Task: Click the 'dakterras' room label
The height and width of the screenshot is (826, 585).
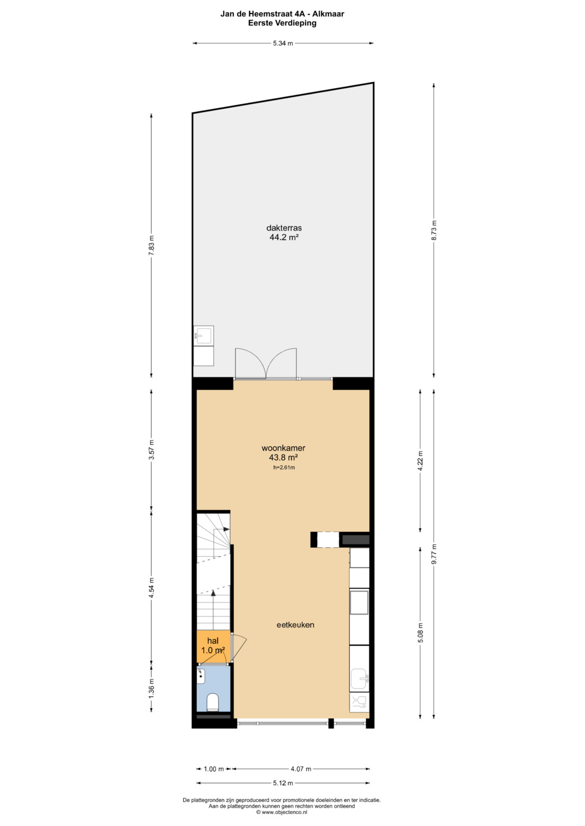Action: pos(284,228)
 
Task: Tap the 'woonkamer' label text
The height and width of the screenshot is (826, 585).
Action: pos(283,448)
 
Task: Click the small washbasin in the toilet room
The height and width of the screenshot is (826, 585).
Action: pos(201,676)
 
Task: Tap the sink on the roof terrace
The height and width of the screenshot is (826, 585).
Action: pos(204,335)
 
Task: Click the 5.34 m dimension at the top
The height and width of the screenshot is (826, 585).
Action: pos(283,43)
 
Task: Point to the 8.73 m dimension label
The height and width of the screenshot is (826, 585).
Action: pos(434,230)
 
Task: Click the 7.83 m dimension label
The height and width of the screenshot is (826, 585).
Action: pos(151,245)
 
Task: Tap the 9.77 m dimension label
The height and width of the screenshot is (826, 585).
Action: pos(434,554)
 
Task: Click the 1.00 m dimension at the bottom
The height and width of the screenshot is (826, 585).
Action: pos(214,769)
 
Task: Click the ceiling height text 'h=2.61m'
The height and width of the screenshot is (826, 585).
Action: pos(284,467)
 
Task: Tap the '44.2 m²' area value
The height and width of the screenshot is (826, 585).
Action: pos(284,237)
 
